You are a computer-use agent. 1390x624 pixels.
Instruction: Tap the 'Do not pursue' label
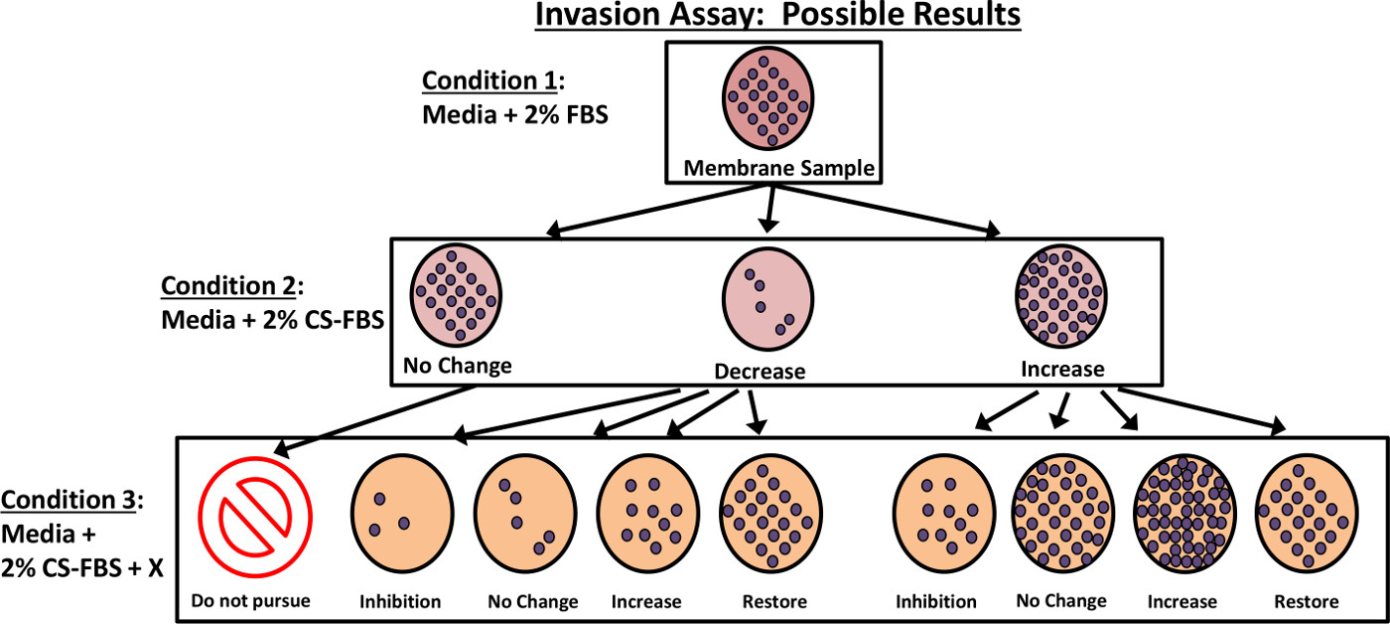pos(250,601)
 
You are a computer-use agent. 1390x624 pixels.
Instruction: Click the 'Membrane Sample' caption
pos(778,168)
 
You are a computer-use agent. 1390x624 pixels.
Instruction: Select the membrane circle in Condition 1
pos(768,98)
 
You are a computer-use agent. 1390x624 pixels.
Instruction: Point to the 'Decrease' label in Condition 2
pos(760,372)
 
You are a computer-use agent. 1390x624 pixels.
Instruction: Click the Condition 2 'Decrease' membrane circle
pos(768,299)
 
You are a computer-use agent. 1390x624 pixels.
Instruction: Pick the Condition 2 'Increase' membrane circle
pos(1061,295)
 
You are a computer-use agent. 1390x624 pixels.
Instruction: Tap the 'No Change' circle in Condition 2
pos(456,295)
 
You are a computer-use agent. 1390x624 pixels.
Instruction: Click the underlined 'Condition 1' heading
pos(488,80)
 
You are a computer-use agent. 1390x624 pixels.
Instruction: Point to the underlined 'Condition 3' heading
pos(68,500)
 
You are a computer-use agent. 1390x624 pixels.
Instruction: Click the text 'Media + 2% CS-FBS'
pos(272,320)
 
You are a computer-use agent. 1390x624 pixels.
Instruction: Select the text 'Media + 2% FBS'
pos(515,115)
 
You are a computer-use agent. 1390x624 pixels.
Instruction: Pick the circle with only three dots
pos(402,514)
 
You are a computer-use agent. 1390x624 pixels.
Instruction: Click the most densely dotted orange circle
pos(1184,514)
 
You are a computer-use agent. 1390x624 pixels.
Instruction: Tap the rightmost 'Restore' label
pos(1307,602)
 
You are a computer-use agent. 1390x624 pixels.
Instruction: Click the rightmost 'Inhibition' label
pos(935,602)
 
